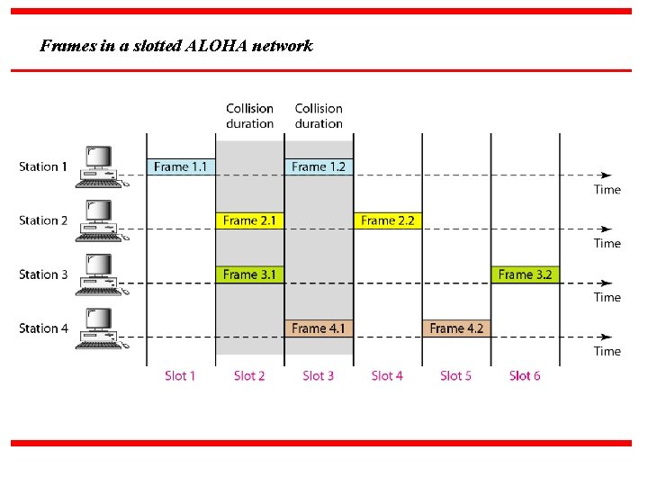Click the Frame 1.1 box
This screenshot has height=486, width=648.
coord(181,166)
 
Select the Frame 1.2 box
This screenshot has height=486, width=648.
coord(319,166)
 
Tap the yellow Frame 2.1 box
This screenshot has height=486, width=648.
coord(249,220)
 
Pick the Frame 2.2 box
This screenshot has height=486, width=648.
coord(387,220)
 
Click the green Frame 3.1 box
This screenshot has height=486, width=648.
coord(249,274)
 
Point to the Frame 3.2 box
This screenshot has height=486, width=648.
coord(525,274)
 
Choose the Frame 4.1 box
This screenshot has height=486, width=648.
coord(319,328)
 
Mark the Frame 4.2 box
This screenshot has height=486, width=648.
coord(456,328)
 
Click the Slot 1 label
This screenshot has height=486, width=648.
coord(180,375)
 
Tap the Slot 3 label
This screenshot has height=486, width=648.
coord(318,375)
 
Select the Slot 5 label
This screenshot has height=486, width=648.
coord(455,375)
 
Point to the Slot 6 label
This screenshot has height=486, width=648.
coord(525,375)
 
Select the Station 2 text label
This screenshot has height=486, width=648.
coord(43,220)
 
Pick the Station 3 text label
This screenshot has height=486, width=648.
coord(43,274)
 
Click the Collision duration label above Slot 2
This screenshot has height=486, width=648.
coord(249,116)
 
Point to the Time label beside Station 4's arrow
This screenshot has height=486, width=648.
coord(607,351)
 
